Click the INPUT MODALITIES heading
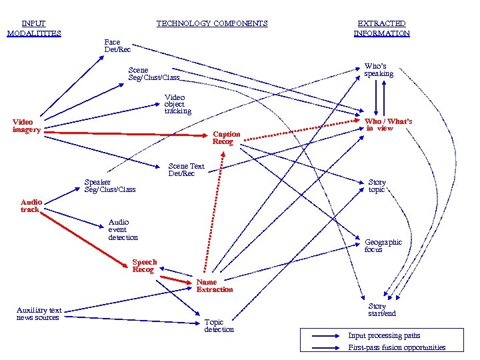click(34, 28)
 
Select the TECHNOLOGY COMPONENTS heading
click(212, 23)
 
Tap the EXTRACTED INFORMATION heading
click(381, 28)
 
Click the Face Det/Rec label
click(117, 45)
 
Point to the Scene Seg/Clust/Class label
click(153, 73)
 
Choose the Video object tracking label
click(177, 104)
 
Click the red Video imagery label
click(27, 125)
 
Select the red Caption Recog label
click(226, 137)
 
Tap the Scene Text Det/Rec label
click(186, 169)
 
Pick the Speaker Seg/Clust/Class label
click(109, 185)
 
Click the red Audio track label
click(31, 205)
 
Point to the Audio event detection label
click(123, 229)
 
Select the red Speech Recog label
click(144, 266)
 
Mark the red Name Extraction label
click(215, 285)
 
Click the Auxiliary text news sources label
click(39, 313)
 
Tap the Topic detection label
click(219, 325)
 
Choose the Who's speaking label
click(379, 70)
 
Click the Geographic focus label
click(383, 245)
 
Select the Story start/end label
click(381, 310)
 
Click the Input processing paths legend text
click(384, 335)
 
